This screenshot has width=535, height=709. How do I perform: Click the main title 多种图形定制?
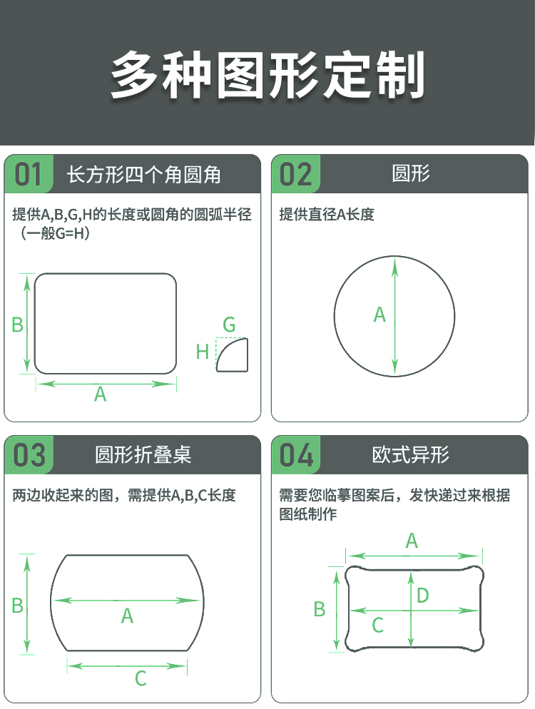pos(267,75)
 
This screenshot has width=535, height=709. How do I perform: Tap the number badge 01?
pos(28,175)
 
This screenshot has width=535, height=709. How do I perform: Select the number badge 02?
pos(296,175)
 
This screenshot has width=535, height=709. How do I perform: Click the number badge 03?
pos(29,455)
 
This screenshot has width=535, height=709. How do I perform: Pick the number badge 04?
pos(296,455)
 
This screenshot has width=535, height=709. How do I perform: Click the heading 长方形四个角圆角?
pos(144,175)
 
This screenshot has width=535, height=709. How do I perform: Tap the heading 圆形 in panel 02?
pos(411,173)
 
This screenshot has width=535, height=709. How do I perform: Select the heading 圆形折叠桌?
pos(143,455)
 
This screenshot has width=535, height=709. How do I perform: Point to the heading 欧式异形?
pos(411,455)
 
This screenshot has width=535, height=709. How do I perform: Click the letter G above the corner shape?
pos(229,325)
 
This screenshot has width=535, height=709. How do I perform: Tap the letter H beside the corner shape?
pos(202,352)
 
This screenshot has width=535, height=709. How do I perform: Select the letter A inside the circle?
pos(379,315)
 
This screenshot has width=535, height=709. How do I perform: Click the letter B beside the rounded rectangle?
pos(17,325)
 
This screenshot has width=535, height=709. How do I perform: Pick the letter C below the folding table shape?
pos(141,678)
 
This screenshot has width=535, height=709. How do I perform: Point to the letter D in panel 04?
pos(423,596)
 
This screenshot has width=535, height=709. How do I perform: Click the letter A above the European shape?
pos(412,541)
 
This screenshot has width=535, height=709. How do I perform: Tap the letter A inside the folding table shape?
pos(127,616)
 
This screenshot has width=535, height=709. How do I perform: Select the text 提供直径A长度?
pos(327,214)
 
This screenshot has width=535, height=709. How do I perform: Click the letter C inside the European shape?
pos(377,626)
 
